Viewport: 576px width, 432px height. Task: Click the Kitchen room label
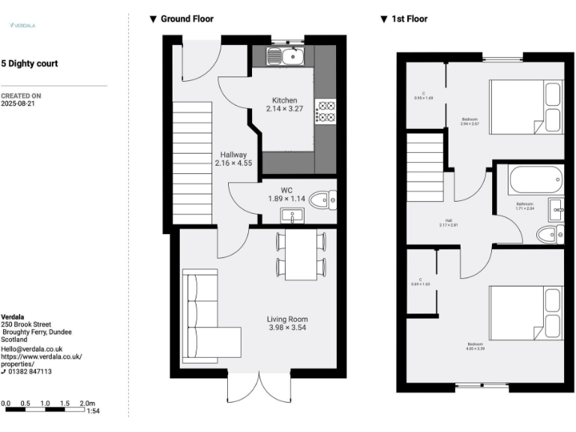coord(284,100)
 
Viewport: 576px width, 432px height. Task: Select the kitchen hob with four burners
coord(325,111)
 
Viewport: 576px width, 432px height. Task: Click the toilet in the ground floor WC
coord(324,199)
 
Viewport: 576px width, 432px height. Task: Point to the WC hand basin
coord(290,216)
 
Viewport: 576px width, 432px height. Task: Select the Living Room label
coord(288,319)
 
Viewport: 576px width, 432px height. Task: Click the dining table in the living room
coord(301,253)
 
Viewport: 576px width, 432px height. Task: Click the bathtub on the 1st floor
coord(534,180)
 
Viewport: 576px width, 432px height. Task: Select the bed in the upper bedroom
coord(526,107)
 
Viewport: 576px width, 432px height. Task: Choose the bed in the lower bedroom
coord(526,313)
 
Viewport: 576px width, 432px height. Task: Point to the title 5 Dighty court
coord(29,64)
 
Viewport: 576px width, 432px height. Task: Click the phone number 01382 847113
coord(31,371)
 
